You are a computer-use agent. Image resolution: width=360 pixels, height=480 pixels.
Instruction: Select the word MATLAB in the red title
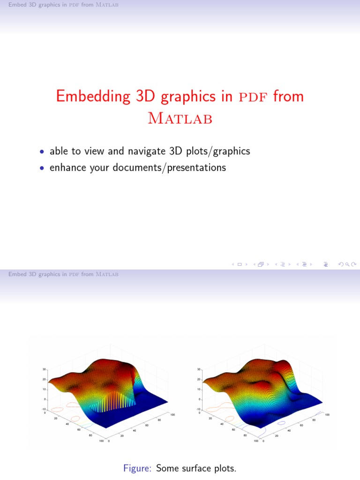[180, 119]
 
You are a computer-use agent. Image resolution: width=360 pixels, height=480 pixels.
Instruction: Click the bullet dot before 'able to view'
[42, 152]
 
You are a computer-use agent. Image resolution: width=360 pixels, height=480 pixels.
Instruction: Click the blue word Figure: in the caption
[138, 468]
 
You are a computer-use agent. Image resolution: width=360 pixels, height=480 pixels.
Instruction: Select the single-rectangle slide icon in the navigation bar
[240, 264]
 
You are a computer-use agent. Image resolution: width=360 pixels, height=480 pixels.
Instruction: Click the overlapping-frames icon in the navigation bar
[261, 264]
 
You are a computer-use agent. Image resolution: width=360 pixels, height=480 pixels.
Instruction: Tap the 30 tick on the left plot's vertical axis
[44, 369]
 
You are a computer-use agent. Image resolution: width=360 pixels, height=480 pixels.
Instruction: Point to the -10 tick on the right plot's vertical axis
[199, 409]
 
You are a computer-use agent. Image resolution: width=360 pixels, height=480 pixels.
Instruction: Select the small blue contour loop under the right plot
[281, 422]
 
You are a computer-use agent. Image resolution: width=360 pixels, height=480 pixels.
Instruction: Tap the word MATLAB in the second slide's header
[107, 274]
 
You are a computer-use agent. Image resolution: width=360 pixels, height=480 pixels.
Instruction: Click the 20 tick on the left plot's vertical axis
[44, 379]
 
